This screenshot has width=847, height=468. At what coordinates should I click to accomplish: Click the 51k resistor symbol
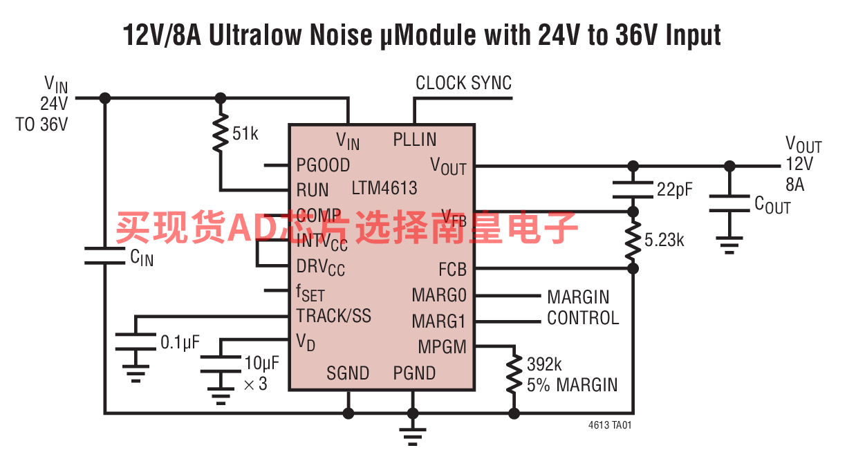221,133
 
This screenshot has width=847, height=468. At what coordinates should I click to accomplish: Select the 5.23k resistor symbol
633,240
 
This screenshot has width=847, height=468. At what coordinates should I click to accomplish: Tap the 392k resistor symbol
514,373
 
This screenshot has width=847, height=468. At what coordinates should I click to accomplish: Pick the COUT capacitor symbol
729,203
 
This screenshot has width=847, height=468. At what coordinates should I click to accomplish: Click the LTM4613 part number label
384,188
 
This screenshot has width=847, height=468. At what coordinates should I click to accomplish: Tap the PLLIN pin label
415,140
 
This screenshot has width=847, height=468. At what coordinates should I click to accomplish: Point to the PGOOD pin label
323,165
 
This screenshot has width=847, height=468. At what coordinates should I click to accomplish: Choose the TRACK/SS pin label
334,316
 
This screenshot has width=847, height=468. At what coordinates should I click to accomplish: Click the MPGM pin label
442,347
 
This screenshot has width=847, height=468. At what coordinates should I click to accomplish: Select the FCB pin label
452,269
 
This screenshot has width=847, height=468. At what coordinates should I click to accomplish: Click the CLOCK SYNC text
463,84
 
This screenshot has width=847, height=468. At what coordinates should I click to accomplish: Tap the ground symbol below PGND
413,434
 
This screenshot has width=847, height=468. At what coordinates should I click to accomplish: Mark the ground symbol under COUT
729,245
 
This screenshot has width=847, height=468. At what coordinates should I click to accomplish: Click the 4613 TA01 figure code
610,426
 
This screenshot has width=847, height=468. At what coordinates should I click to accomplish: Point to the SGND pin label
348,373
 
